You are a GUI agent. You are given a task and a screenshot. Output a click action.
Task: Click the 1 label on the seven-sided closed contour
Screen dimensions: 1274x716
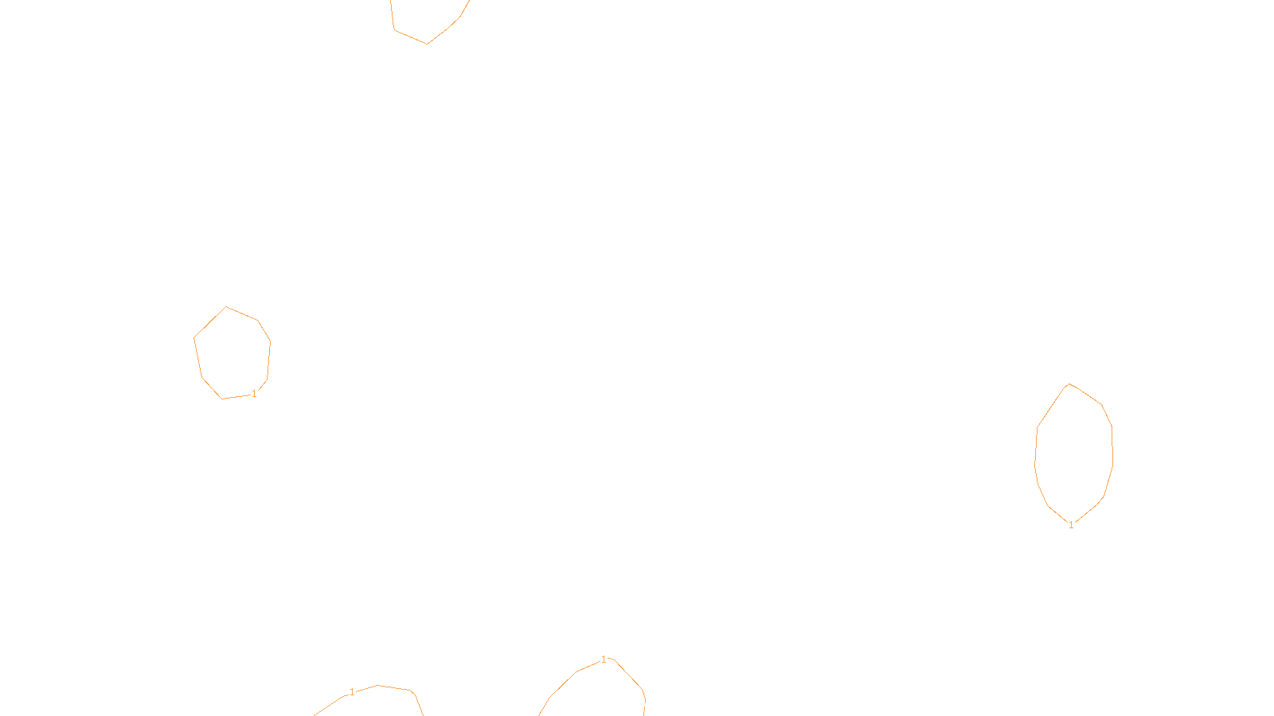254,394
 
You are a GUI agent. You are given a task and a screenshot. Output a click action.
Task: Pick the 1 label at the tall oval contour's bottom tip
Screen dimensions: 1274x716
1071,525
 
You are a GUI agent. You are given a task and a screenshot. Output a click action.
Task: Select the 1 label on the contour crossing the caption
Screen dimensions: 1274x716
604,660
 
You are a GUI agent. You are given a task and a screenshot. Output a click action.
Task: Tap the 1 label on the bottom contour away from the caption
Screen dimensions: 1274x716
352,692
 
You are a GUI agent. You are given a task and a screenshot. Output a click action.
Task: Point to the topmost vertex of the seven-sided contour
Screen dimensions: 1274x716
226,306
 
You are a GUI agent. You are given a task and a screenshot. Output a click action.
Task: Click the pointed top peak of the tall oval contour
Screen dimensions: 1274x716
1069,383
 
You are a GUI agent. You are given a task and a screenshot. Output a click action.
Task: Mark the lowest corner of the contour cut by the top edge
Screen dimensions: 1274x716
427,44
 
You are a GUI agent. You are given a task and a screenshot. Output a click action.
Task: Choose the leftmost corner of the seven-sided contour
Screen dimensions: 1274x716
194,338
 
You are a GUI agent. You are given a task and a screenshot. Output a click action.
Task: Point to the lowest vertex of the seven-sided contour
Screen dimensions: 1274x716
222,399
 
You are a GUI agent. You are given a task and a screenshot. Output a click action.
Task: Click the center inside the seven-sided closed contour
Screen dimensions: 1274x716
232,352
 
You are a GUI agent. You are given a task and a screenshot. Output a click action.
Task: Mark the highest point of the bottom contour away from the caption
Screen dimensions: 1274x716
377,685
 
